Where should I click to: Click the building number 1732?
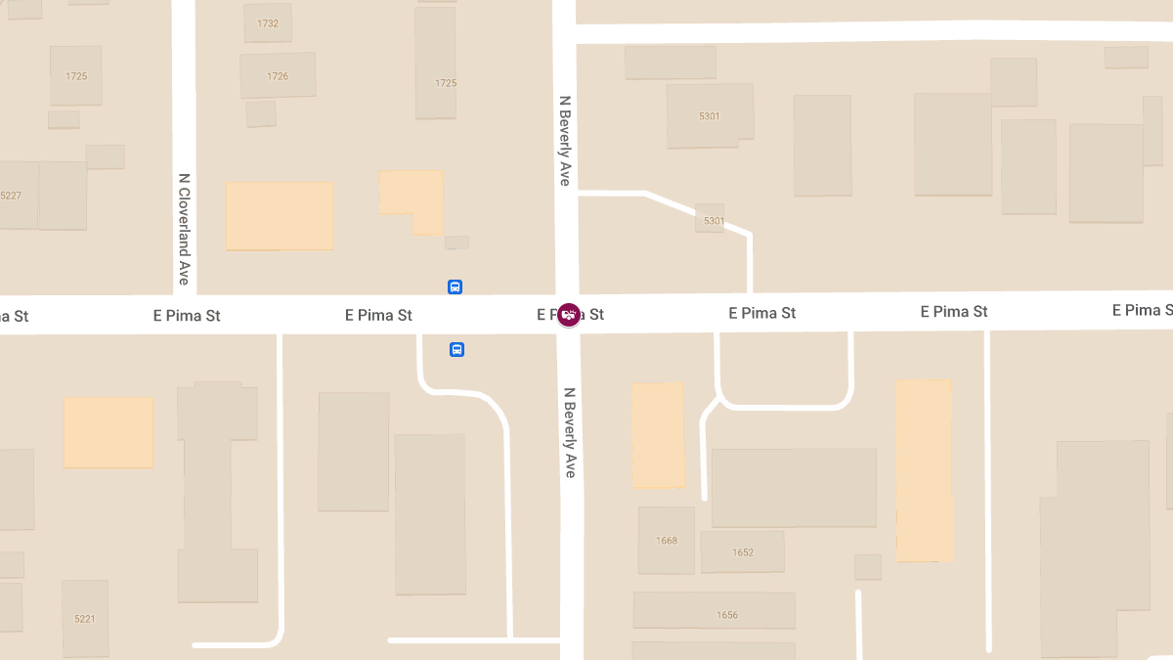[268, 23]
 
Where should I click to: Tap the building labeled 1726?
[278, 76]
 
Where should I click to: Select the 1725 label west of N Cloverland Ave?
[77, 76]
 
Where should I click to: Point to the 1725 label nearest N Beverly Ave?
[446, 83]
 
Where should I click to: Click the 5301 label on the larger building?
[710, 116]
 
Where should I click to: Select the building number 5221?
[85, 619]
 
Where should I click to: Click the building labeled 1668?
[667, 541]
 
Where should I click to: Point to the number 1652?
[743, 552]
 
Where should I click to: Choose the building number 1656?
[727, 615]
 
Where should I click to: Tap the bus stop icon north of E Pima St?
[455, 286]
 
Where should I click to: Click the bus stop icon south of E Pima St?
[456, 349]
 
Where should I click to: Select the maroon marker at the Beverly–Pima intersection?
[569, 315]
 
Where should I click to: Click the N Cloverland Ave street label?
[184, 229]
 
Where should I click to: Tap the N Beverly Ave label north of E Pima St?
[565, 140]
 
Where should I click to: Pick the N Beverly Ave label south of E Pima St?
[570, 432]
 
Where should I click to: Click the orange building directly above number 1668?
[657, 435]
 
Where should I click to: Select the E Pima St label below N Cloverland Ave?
[187, 316]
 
